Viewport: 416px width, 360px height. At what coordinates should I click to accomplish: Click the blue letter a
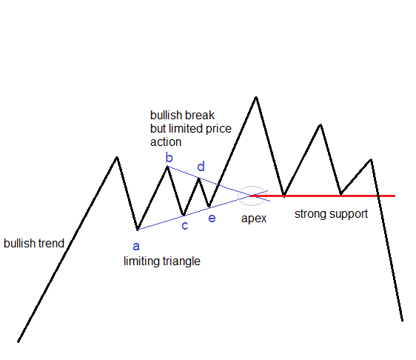(136, 247)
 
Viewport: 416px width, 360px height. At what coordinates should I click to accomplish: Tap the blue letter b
(169, 158)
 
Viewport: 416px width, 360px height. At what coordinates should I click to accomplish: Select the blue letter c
(185, 226)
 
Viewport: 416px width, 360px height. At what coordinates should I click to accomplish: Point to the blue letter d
(201, 167)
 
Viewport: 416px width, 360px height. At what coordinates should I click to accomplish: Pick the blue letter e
(212, 219)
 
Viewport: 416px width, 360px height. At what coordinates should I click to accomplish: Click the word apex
(254, 219)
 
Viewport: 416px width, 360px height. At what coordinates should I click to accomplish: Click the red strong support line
(322, 196)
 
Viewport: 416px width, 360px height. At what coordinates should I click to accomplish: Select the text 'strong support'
(331, 214)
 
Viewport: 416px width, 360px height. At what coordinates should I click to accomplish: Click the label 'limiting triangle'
(162, 261)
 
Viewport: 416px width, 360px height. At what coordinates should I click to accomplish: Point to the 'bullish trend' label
(34, 244)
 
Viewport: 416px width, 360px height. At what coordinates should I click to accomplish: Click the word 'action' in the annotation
(166, 142)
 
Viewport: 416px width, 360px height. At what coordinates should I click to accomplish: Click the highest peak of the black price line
(256, 98)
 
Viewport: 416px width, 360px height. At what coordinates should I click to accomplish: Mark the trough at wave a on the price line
(138, 230)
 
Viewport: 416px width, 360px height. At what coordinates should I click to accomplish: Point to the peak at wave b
(167, 167)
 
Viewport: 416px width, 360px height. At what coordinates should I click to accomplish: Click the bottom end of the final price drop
(402, 321)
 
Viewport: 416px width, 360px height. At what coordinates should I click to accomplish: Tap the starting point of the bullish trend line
(18, 341)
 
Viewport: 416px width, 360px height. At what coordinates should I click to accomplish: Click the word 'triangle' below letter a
(181, 261)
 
